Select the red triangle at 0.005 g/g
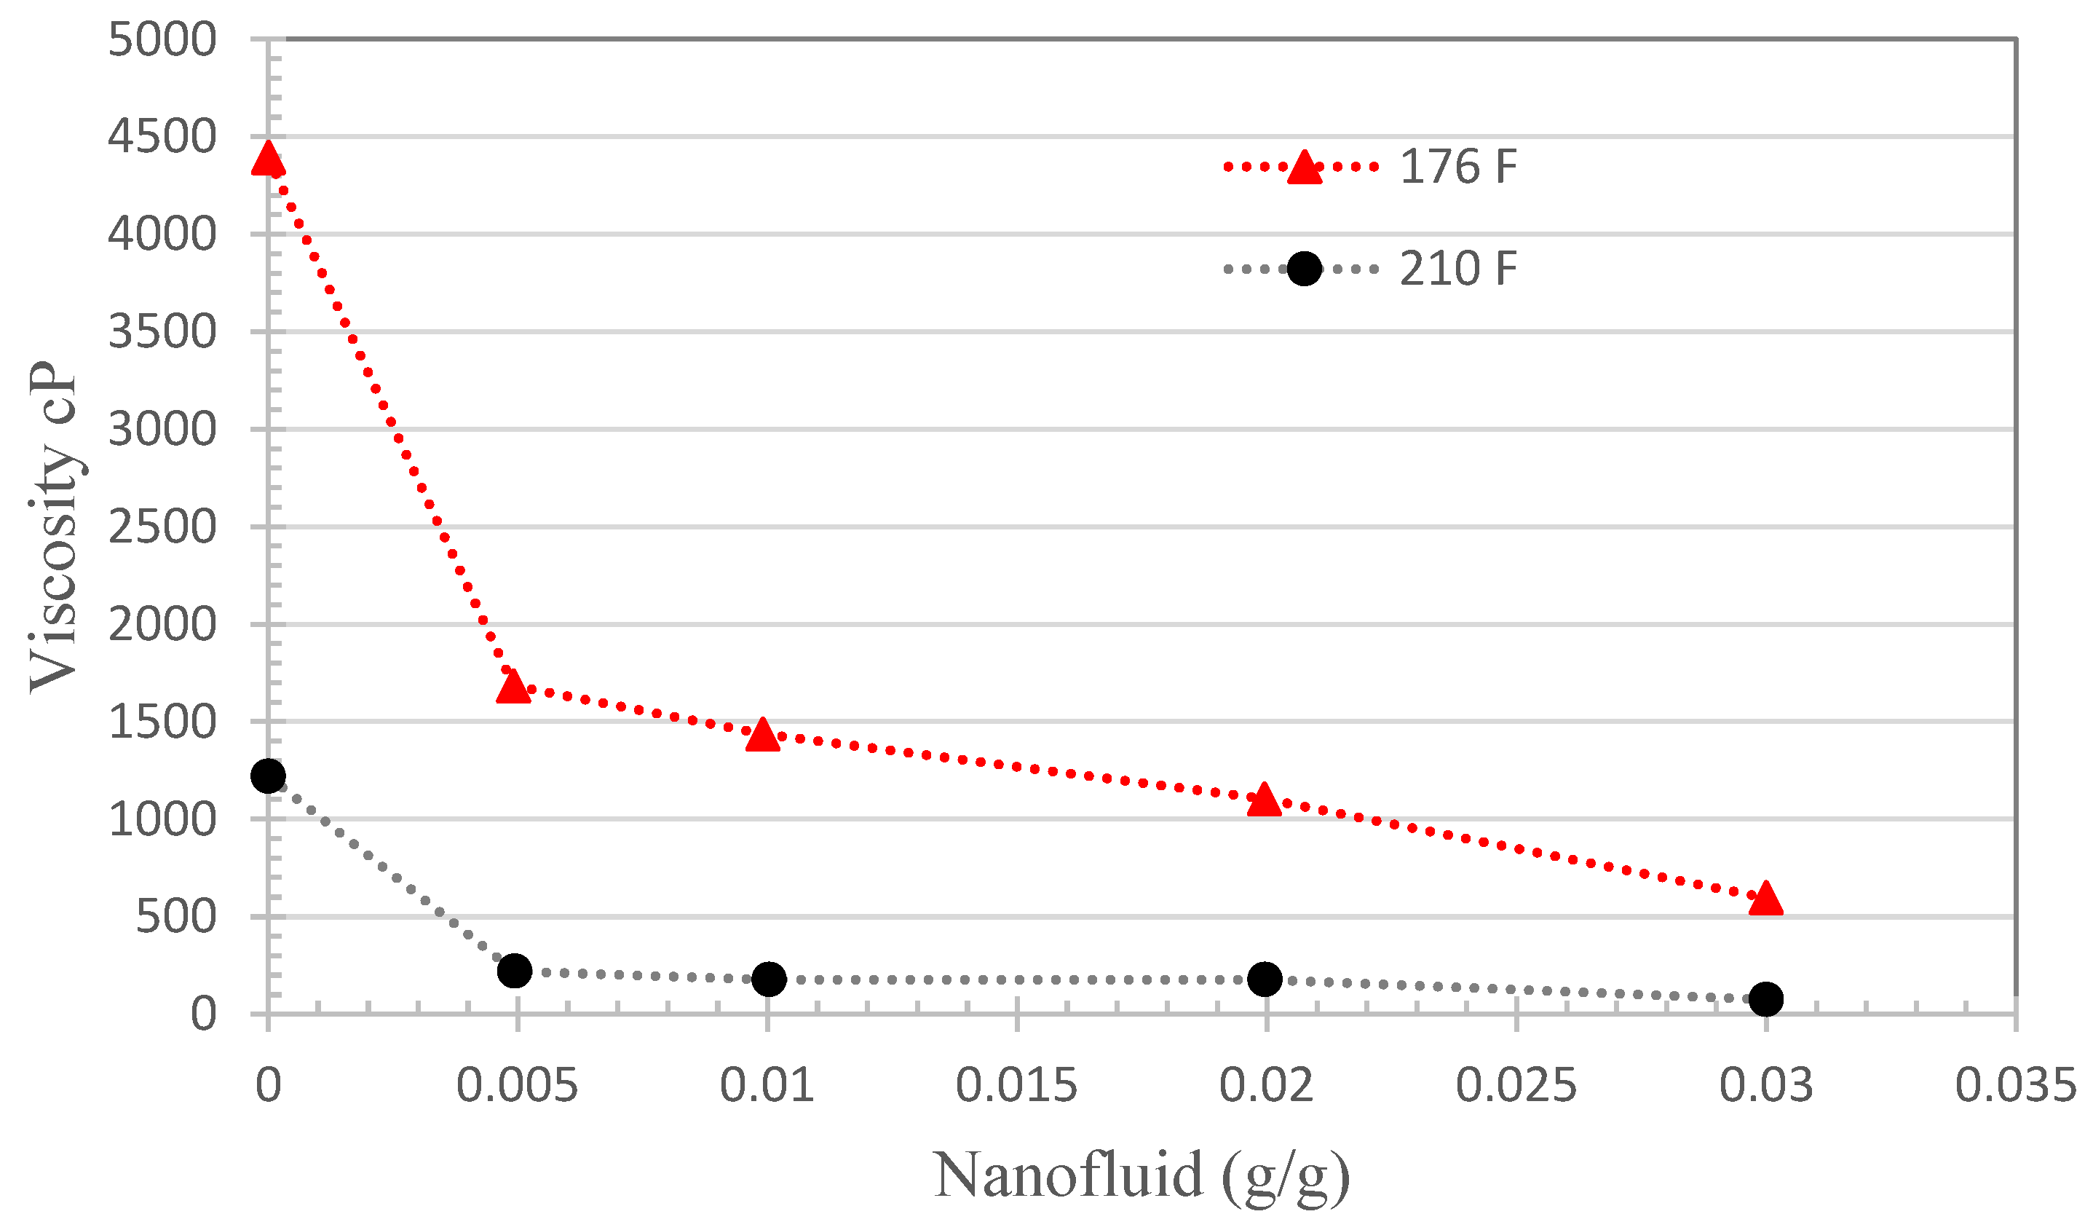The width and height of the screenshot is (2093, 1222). coord(514,687)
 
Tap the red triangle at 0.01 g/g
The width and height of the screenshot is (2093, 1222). coord(762,736)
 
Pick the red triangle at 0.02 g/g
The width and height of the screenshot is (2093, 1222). coord(1264,801)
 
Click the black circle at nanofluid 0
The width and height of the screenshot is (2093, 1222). coord(267,776)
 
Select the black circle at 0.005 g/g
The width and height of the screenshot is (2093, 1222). coord(514,970)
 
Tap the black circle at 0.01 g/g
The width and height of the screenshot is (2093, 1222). coord(768,979)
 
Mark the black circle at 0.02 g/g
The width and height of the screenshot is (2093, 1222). coord(1264,979)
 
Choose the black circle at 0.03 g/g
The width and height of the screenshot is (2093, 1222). coord(1765,998)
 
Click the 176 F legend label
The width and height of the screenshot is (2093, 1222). coord(1457,167)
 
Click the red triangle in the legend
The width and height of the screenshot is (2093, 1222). coord(1304,167)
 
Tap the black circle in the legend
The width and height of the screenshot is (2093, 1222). coord(1304,268)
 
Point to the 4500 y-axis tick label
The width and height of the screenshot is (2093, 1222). coord(162,136)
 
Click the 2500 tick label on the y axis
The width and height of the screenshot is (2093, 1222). coord(162,527)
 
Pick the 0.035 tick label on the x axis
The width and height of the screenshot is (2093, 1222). coord(2015,1085)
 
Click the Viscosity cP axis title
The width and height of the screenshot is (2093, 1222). coord(53,527)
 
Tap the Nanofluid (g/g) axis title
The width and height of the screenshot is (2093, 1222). coord(1142,1175)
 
